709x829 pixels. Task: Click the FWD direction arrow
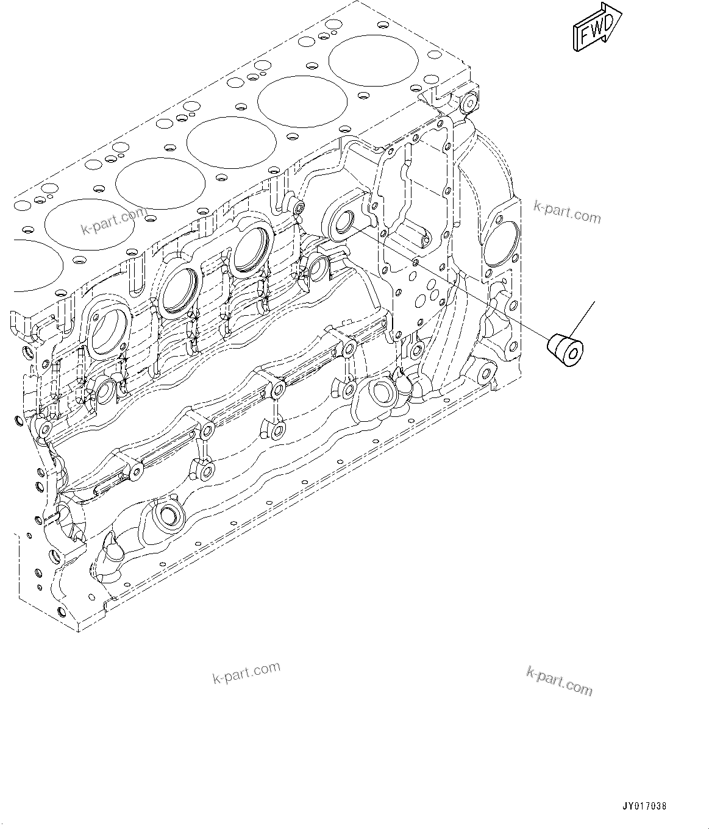tap(596, 27)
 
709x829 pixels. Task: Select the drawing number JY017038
tap(644, 805)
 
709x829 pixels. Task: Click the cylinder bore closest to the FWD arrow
tap(374, 60)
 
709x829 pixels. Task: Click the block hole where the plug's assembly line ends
tap(343, 219)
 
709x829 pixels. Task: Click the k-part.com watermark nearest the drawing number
tap(558, 681)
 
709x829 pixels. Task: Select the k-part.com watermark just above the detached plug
tap(566, 211)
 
